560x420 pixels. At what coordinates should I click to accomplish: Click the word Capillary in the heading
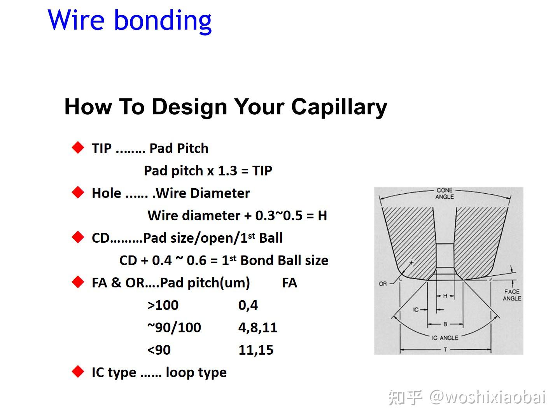click(339, 107)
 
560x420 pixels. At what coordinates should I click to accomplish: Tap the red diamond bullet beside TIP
click(78, 148)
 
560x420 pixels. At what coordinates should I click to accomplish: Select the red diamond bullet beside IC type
click(78, 372)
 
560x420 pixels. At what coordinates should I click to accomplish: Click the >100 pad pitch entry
click(163, 305)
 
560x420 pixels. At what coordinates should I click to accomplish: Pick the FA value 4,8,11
click(258, 327)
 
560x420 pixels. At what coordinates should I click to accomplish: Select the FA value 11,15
click(255, 350)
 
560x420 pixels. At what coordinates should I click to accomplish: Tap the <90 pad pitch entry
click(159, 350)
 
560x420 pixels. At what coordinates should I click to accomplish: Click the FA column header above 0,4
click(289, 283)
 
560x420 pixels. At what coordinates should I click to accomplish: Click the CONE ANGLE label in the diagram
click(444, 193)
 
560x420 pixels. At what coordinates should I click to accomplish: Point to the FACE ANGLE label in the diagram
click(512, 295)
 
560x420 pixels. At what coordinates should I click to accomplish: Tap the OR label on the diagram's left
click(383, 284)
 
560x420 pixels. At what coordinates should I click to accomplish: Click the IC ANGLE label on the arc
click(445, 338)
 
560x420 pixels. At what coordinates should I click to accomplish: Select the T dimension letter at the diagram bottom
click(445, 350)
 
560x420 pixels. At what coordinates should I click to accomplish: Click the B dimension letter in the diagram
click(445, 324)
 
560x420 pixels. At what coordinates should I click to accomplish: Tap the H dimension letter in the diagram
click(445, 296)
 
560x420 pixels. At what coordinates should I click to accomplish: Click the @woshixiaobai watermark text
click(488, 397)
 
